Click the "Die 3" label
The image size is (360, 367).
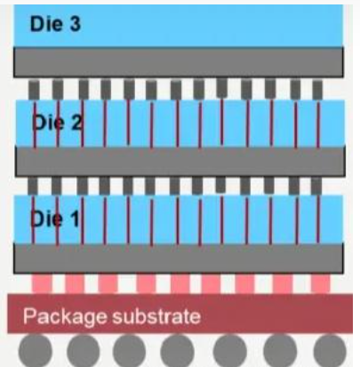click(55, 24)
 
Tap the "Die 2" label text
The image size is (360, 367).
click(57, 123)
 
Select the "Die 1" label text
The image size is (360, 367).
click(55, 219)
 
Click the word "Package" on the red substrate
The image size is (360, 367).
click(65, 317)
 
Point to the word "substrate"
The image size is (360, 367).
click(156, 316)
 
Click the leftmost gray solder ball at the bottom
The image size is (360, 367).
click(36, 351)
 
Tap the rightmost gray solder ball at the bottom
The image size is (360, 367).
click(330, 351)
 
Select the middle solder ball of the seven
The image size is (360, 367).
click(177, 351)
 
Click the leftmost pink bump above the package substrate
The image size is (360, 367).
click(42, 283)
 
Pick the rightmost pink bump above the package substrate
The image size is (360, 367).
click(321, 283)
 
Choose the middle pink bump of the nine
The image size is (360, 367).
click(180, 283)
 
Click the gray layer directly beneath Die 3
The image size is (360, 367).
click(179, 62)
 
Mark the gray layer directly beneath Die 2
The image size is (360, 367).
click(180, 162)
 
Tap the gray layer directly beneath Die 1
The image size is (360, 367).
click(179, 259)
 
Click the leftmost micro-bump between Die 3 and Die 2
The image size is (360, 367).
click(34, 90)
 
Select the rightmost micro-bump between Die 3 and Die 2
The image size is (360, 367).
click(317, 90)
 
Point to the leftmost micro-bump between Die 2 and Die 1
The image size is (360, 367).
click(33, 186)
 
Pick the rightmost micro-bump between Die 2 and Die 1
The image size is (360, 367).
click(316, 186)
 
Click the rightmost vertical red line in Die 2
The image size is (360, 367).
click(318, 124)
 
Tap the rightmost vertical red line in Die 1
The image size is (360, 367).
click(318, 219)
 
